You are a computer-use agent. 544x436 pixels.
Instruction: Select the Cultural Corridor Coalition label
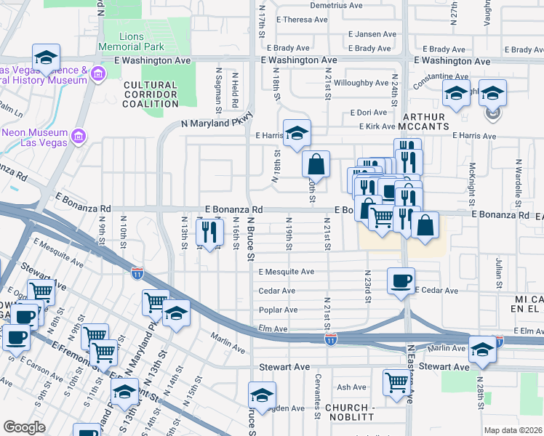pyautogui.click(x=151, y=94)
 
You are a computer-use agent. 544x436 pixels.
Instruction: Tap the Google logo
pyautogui.click(x=24, y=427)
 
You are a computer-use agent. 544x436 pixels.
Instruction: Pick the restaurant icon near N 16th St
pyautogui.click(x=209, y=233)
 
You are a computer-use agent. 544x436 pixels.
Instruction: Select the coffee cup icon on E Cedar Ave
pyautogui.click(x=401, y=281)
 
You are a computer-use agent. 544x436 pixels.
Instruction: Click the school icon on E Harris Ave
pyautogui.click(x=297, y=134)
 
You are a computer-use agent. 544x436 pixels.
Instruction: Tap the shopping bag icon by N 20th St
pyautogui.click(x=316, y=165)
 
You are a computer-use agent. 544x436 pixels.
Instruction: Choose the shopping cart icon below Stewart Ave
pyautogui.click(x=397, y=382)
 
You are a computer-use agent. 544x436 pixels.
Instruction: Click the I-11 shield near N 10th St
pyautogui.click(x=137, y=272)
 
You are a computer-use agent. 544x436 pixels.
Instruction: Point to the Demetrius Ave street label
pyautogui.click(x=336, y=4)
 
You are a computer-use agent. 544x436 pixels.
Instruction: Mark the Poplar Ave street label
pyautogui.click(x=278, y=310)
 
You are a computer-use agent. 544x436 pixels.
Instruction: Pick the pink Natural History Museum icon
pyautogui.click(x=98, y=73)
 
